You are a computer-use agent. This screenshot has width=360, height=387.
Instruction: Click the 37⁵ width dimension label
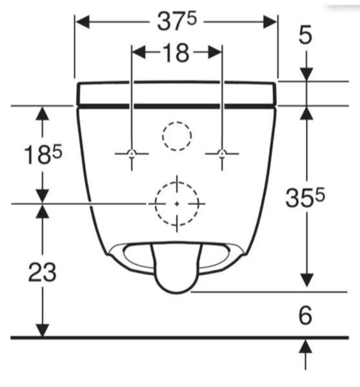click(x=177, y=22)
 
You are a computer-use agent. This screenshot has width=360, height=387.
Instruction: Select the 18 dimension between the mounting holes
click(x=176, y=53)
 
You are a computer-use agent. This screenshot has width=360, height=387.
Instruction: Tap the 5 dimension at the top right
click(x=305, y=35)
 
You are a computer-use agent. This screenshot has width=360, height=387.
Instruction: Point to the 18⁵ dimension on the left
click(x=43, y=154)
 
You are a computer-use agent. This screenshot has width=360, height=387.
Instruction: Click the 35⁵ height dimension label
click(x=305, y=197)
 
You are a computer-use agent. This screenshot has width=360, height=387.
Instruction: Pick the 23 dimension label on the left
click(x=42, y=272)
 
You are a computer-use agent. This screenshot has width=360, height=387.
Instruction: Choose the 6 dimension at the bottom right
click(x=305, y=315)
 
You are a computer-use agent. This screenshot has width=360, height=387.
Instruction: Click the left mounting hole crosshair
click(x=132, y=154)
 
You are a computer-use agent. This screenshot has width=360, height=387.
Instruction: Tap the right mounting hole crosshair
click(x=222, y=154)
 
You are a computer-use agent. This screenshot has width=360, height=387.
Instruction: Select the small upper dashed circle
click(x=177, y=122)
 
